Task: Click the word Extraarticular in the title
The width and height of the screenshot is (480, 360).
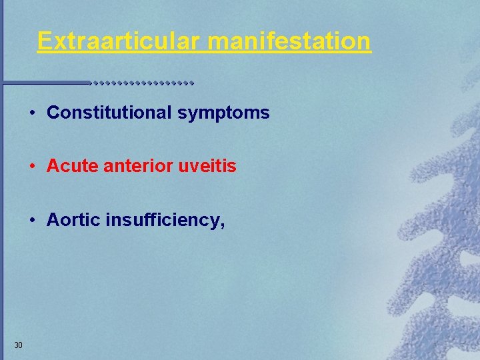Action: pyautogui.click(x=120, y=41)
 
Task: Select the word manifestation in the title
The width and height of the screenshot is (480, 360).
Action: pyautogui.click(x=289, y=41)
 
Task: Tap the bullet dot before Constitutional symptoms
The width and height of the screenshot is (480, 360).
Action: pyautogui.click(x=32, y=113)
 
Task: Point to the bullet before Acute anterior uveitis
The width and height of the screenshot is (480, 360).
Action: pyautogui.click(x=32, y=166)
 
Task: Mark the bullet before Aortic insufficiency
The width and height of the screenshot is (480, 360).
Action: pyautogui.click(x=32, y=220)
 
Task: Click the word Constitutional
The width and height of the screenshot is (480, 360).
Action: pyautogui.click(x=109, y=113)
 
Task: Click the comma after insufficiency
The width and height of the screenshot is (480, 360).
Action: pyautogui.click(x=221, y=225)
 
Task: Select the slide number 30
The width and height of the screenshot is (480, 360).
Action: pyautogui.click(x=18, y=345)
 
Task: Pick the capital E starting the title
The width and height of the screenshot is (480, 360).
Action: pyautogui.click(x=44, y=41)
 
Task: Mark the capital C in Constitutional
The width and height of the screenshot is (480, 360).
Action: pyautogui.click(x=53, y=113)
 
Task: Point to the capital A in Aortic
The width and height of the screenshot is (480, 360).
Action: pyautogui.click(x=53, y=220)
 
